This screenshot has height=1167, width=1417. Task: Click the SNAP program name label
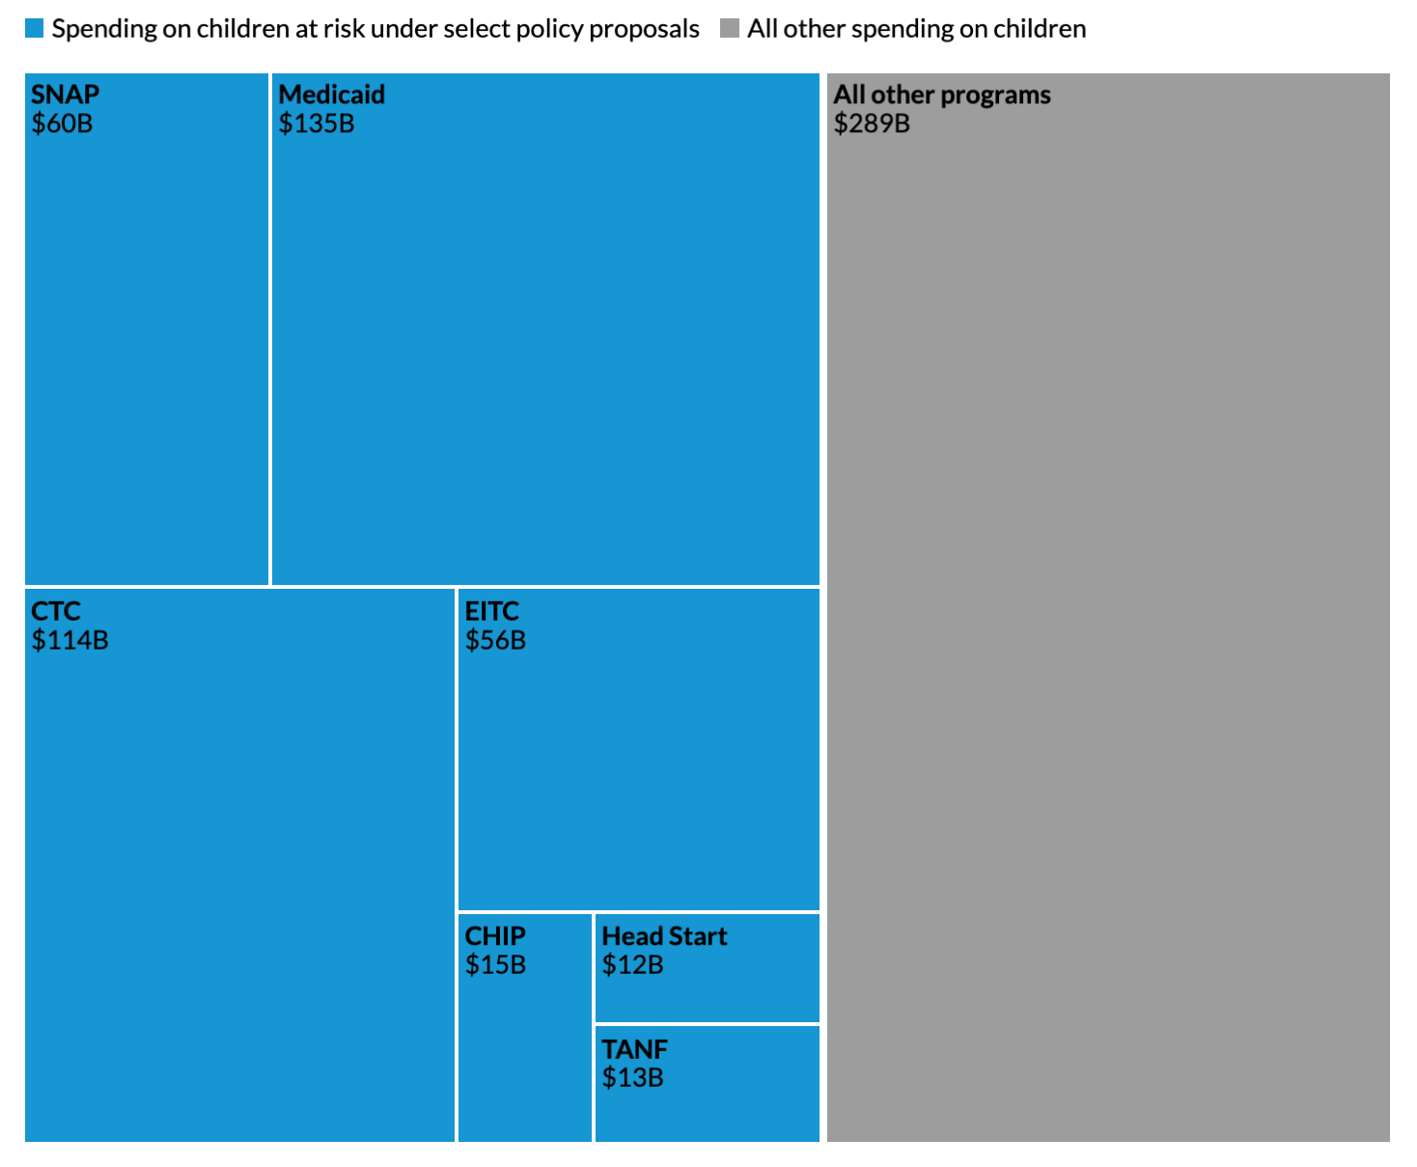[65, 95]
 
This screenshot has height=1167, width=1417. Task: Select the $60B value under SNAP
[62, 124]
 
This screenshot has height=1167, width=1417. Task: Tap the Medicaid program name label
[331, 95]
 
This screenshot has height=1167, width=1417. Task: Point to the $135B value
[317, 124]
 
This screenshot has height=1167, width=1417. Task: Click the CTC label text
[56, 612]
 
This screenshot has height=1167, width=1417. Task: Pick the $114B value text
[69, 641]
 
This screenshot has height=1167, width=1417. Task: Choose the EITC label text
[491, 612]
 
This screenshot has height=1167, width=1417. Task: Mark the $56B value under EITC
[495, 641]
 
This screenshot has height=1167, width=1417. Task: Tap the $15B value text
[495, 965]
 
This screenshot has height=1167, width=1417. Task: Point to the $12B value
[632, 965]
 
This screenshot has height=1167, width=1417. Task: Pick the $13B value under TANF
[632, 1078]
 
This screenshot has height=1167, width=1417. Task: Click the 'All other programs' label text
[941, 95]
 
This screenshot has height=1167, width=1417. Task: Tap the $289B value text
[872, 124]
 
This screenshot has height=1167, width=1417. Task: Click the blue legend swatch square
[35, 29]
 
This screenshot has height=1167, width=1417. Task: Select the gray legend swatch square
[730, 29]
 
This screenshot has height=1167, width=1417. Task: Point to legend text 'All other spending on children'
[916, 29]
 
